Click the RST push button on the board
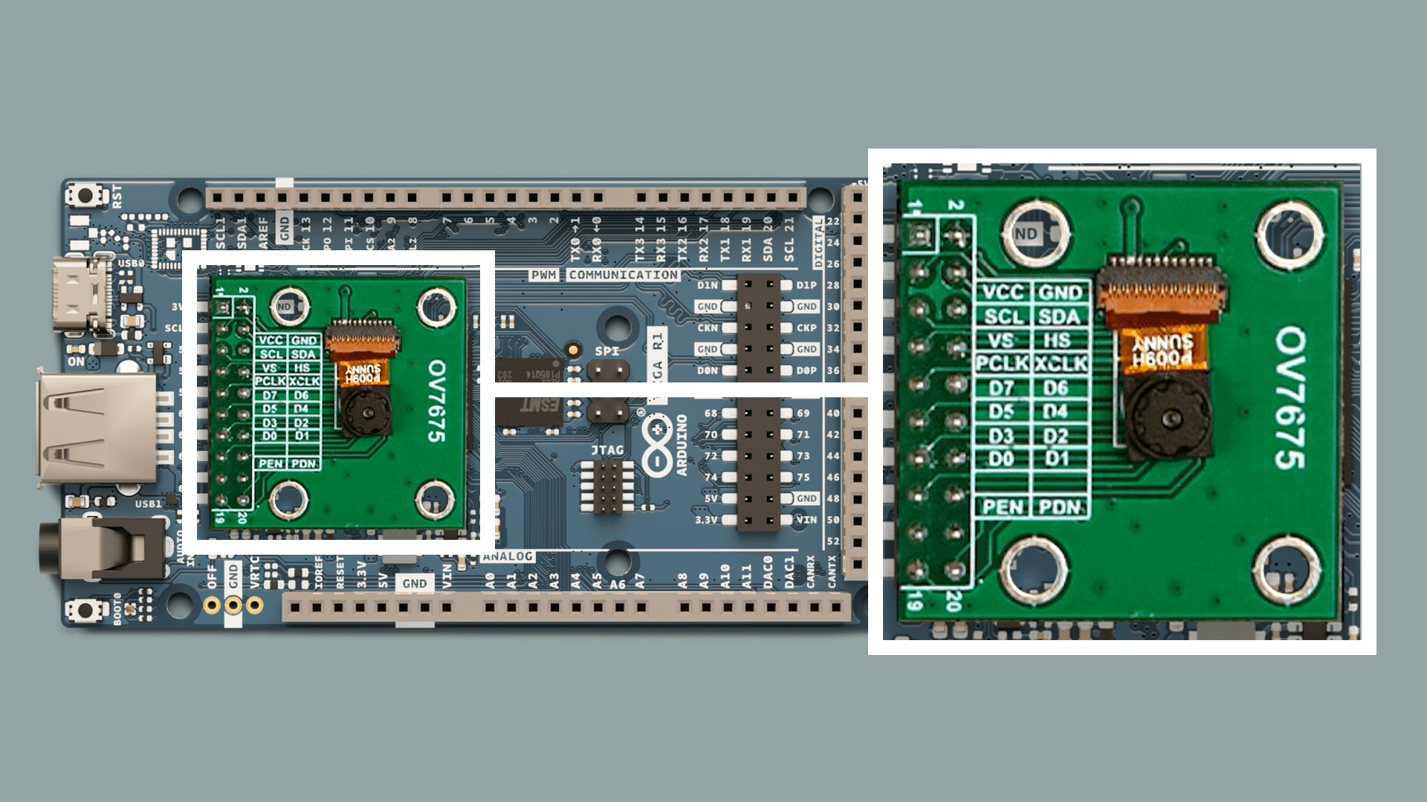click(x=83, y=196)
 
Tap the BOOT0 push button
click(x=83, y=610)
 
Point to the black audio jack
click(x=111, y=548)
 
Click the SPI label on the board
click(x=606, y=351)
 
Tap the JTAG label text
click(x=607, y=450)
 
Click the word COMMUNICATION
click(x=624, y=275)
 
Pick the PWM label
click(x=543, y=275)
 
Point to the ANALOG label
click(x=508, y=556)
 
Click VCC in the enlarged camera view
click(x=1003, y=292)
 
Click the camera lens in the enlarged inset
click(x=1170, y=420)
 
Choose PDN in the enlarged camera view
click(x=1061, y=507)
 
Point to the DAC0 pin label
click(x=768, y=573)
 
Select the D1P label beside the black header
click(x=806, y=285)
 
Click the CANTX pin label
click(x=832, y=570)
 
